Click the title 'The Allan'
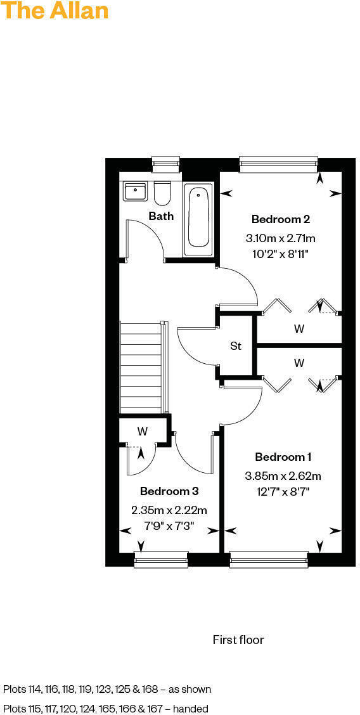coord(55,11)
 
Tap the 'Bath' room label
coord(161,216)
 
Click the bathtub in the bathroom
coord(198,219)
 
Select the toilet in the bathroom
coord(162,193)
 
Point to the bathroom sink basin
coord(136,191)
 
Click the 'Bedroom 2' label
coord(280,219)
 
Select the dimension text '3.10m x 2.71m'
coord(280,238)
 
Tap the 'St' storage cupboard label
coord(236,346)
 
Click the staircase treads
coord(141,368)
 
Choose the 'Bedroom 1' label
coord(283,457)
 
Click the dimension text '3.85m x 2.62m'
coord(283,476)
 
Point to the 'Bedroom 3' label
coord(169,491)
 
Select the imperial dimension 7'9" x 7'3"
coord(169,525)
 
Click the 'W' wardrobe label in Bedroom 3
coord(143,432)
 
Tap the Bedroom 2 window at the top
coord(278,164)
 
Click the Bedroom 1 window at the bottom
coord(269,558)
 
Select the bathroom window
coord(167,164)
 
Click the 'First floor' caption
coord(238,640)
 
